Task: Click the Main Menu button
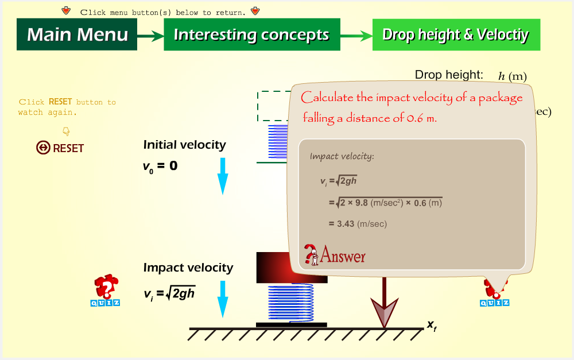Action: point(77,34)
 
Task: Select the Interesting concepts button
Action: point(252,34)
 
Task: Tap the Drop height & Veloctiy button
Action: point(456,34)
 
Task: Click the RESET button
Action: point(60,148)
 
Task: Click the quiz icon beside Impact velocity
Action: point(106,290)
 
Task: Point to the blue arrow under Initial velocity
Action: point(223,176)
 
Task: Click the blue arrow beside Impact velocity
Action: point(223,299)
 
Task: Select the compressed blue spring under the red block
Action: point(291,303)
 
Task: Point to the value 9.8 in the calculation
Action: point(361,203)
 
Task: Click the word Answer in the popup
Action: point(343,255)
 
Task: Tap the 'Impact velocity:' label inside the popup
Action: point(342,156)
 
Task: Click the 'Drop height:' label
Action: point(449,75)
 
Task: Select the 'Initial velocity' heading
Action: point(184,145)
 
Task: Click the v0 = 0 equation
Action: point(160,167)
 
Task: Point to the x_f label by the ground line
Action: point(432,326)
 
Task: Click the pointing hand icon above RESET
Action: point(66,131)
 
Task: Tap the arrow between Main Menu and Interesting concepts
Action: point(150,36)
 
